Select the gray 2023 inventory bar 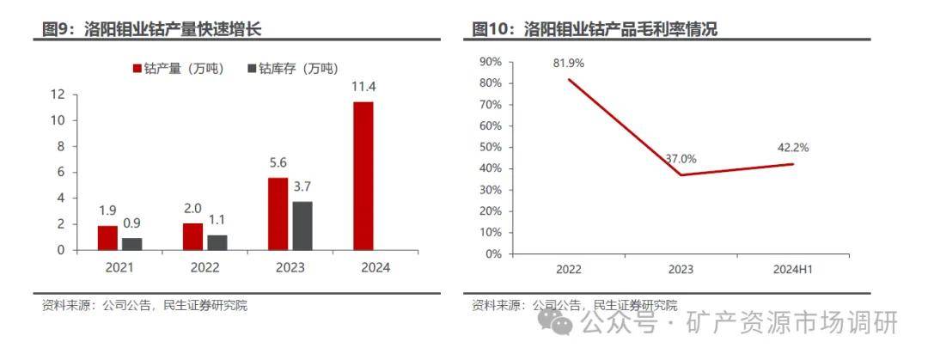click(302, 226)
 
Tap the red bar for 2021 click(107, 238)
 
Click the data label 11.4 click(363, 86)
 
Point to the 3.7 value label click(302, 186)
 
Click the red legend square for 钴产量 click(137, 69)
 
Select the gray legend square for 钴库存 click(251, 69)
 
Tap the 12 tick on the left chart click(59, 95)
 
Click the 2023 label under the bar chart click(290, 267)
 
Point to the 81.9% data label click(569, 63)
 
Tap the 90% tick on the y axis click(490, 62)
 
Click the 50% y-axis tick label click(490, 147)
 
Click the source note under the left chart click(144, 305)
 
